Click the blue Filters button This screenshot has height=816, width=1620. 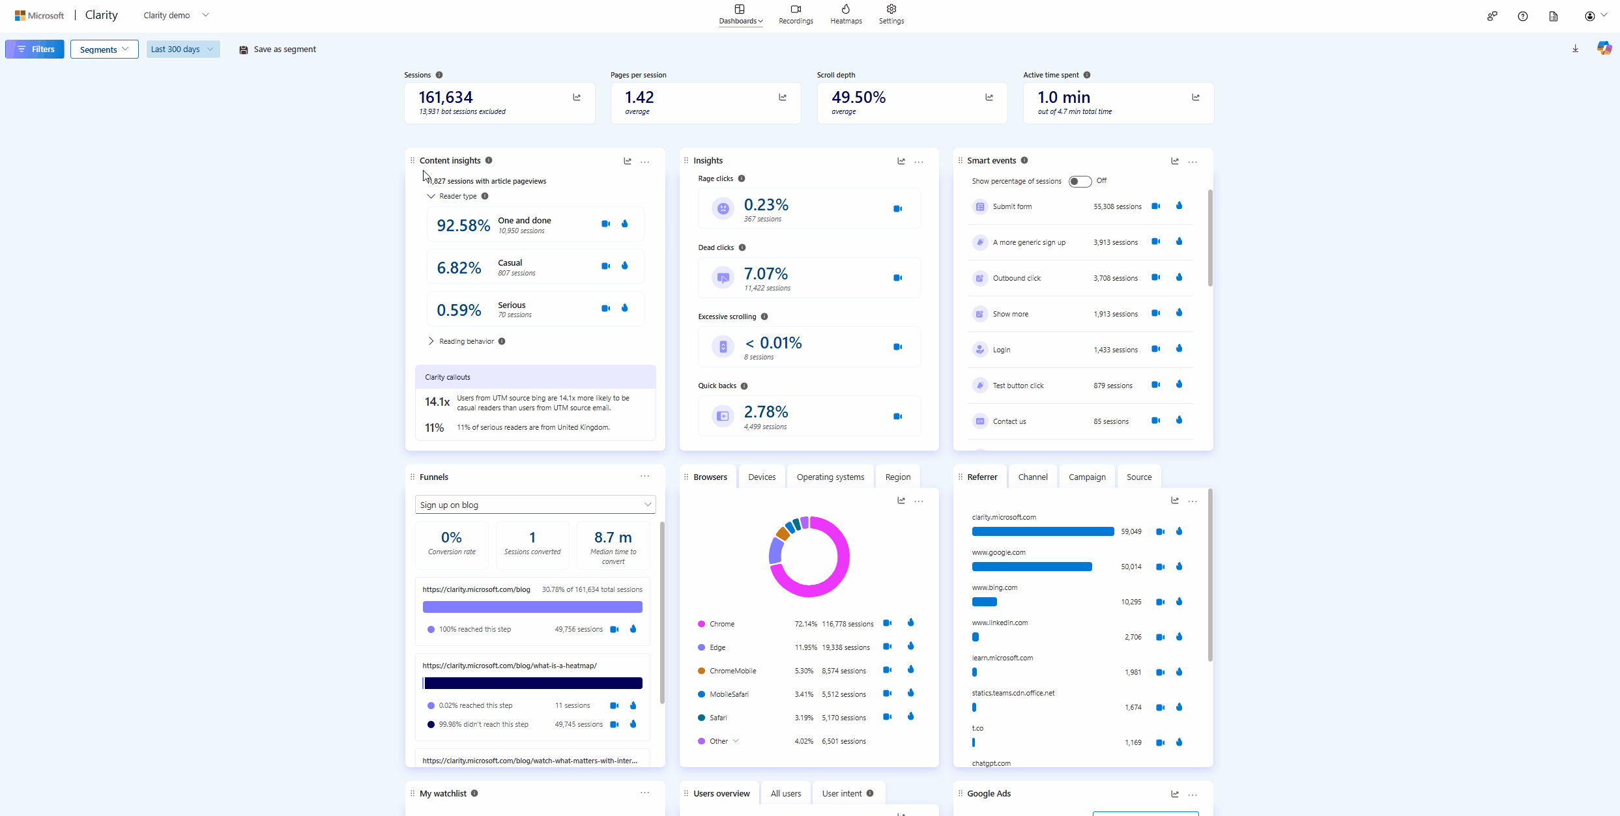[35, 49]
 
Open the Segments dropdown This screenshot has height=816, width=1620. [104, 49]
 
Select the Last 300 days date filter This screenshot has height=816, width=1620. [182, 49]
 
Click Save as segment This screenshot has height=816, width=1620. [278, 49]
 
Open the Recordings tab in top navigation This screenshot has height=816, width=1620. [796, 14]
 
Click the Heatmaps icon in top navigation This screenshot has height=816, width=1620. [846, 9]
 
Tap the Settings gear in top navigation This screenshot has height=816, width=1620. [891, 9]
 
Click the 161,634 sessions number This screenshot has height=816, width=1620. [446, 97]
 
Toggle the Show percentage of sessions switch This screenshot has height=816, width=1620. [1079, 181]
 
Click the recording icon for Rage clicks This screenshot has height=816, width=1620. [897, 208]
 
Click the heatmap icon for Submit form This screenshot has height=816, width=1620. [1179, 206]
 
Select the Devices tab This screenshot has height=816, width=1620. [762, 477]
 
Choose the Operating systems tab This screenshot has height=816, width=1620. [830, 477]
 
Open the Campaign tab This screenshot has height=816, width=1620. [1087, 477]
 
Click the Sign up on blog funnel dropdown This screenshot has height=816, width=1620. [535, 505]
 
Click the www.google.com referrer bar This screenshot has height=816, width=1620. [1032, 567]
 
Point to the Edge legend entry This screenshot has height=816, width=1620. [717, 647]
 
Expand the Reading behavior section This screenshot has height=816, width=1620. [466, 341]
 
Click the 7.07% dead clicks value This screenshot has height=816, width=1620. [766, 274]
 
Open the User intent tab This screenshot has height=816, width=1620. [842, 793]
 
